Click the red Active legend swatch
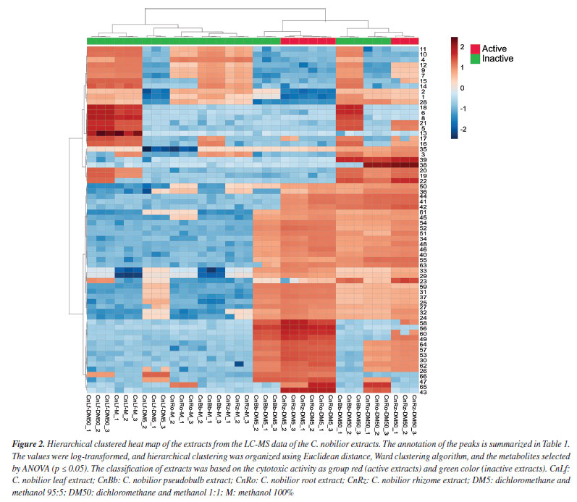(x=475, y=48)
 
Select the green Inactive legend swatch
(x=475, y=58)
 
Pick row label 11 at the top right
(x=423, y=49)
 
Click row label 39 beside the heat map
(x=423, y=159)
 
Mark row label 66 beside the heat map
(x=423, y=375)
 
